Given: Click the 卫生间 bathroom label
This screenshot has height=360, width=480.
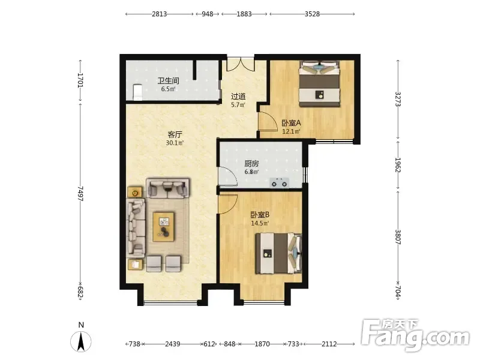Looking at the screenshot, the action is (168, 81).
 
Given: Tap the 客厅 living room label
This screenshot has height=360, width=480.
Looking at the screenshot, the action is (175, 134).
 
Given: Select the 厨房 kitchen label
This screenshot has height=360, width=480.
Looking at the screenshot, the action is (251, 164).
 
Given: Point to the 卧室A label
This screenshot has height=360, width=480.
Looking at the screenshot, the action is (291, 123).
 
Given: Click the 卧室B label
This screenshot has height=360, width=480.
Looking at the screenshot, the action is (260, 215).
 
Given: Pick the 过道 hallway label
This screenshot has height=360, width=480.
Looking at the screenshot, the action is (238, 97).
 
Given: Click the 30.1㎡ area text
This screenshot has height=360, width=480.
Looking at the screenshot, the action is (175, 143).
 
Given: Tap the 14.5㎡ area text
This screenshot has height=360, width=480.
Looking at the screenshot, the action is (260, 223).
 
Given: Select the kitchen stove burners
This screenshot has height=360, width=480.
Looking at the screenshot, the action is (280, 183).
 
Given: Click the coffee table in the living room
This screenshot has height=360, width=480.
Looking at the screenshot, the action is (164, 227).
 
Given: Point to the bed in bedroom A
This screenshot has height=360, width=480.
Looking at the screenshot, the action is (320, 83).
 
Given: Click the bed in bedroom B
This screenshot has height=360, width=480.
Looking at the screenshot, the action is (278, 253).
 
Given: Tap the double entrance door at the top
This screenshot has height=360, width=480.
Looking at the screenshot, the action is (241, 64).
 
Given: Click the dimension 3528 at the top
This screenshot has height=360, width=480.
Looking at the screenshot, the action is (312, 14).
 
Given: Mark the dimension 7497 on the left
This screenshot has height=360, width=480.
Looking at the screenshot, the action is (80, 193).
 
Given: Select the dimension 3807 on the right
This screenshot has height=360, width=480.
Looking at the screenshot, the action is (398, 237).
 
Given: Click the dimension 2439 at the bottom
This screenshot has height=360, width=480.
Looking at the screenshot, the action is (173, 344).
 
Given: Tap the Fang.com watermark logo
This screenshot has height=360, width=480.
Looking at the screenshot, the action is (415, 335).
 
